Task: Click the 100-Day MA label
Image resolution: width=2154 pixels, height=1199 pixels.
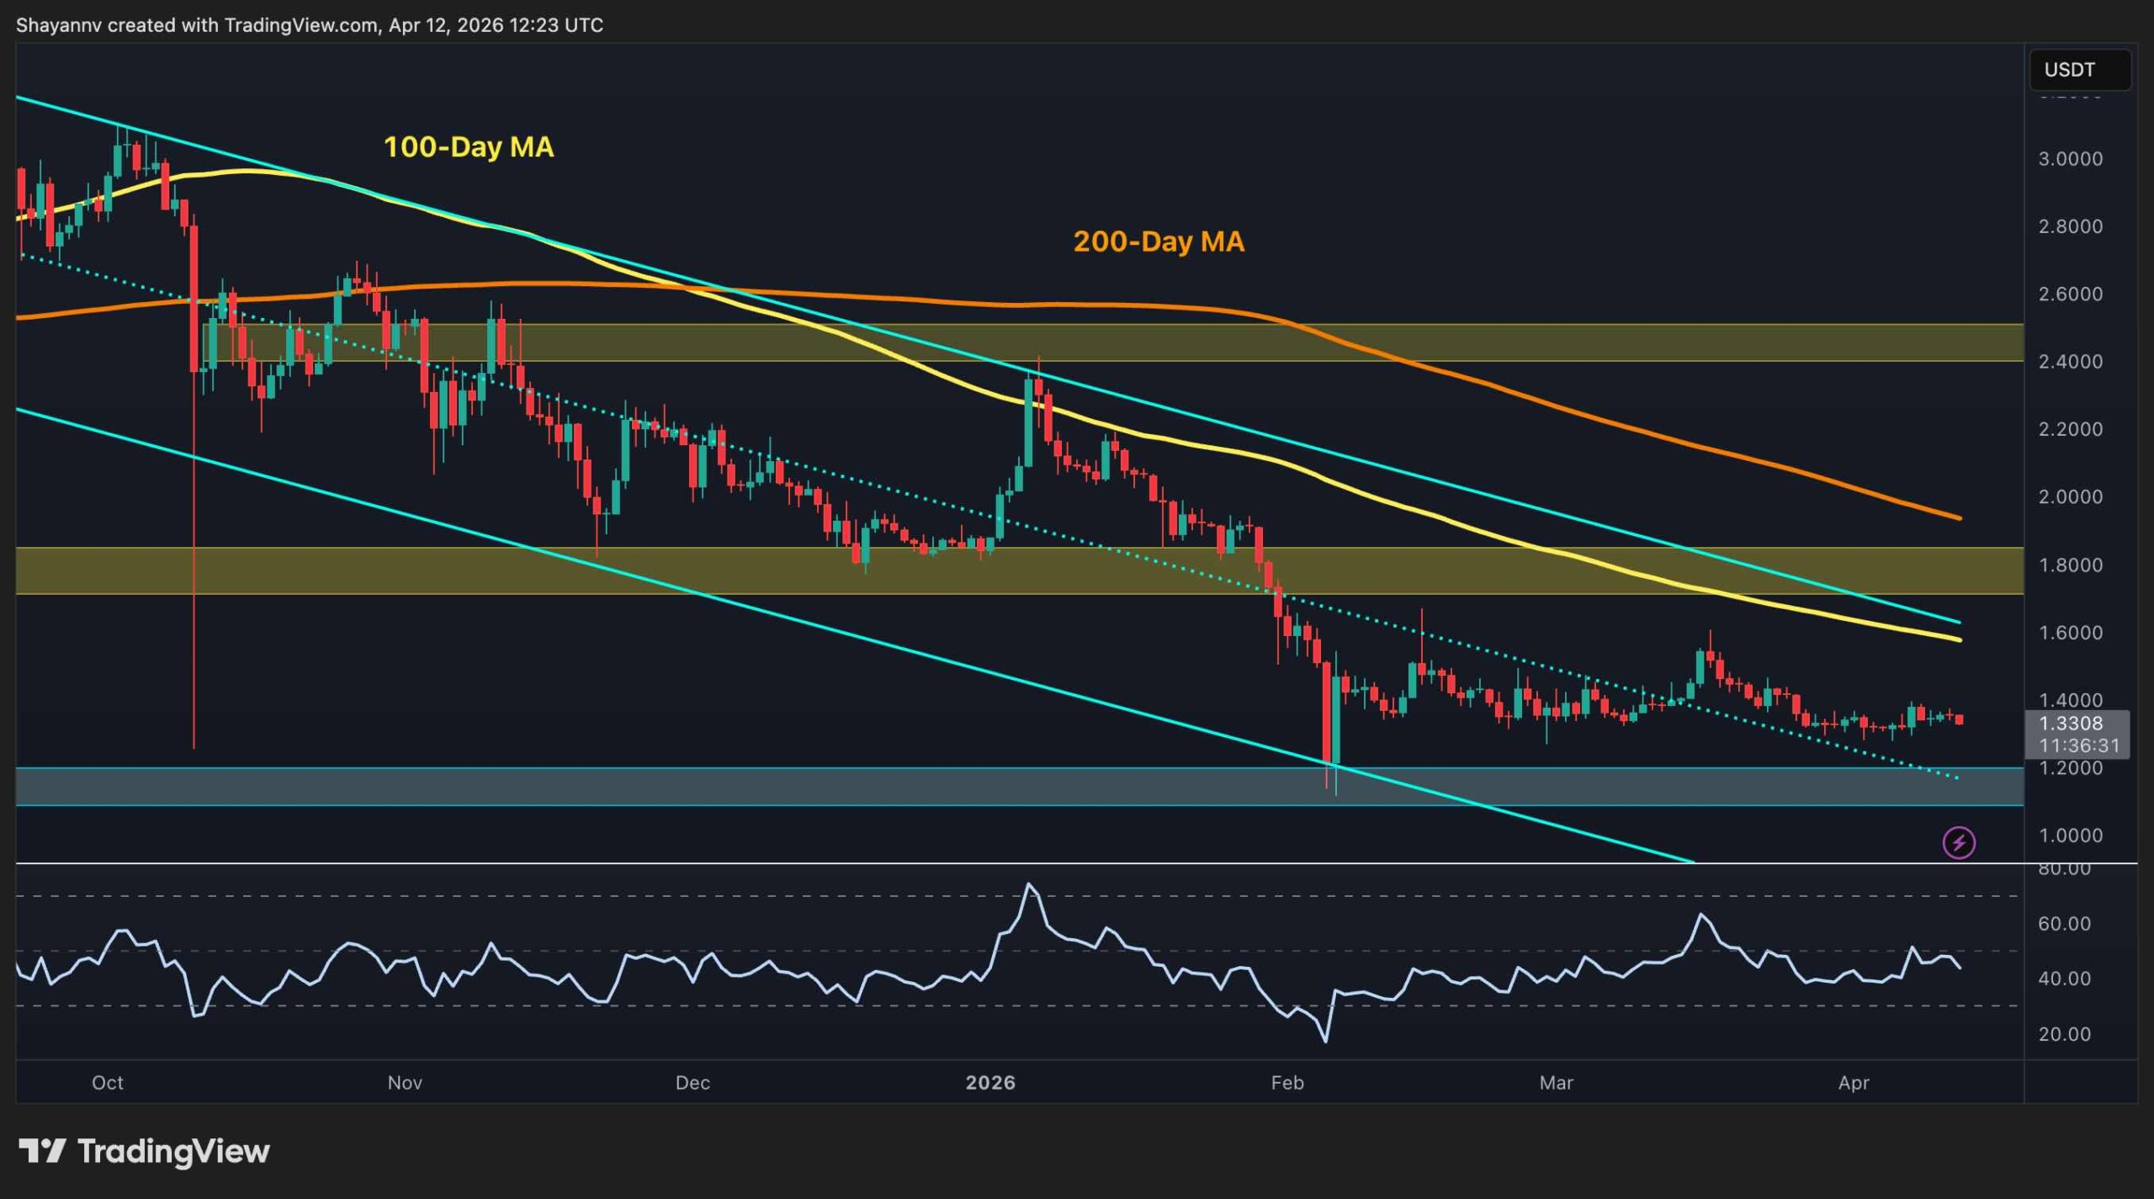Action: pos(468,147)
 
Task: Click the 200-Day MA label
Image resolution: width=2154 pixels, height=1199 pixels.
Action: pos(1158,242)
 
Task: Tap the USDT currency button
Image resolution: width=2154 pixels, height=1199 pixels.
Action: pos(2078,70)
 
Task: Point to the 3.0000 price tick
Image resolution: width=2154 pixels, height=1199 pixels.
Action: pos(2070,159)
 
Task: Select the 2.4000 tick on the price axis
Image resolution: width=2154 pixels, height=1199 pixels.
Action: pos(2070,362)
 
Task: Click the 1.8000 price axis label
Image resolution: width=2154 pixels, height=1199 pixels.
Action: pos(2070,565)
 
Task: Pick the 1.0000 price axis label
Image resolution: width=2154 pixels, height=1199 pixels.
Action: pos(2070,836)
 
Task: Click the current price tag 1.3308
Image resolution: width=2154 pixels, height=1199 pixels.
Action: pos(2070,724)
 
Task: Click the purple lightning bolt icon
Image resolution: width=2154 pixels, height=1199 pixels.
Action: pos(1959,842)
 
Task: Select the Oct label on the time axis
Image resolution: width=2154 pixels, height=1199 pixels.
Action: pos(108,1083)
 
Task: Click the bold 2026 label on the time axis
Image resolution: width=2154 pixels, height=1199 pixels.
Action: pos(990,1083)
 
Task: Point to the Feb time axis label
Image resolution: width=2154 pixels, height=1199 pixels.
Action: pos(1287,1083)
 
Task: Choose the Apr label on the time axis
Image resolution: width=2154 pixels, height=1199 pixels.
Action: pos(1854,1083)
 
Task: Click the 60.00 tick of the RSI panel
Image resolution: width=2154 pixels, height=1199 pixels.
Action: pos(2064,924)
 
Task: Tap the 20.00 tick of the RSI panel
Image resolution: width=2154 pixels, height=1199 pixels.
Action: pos(2064,1034)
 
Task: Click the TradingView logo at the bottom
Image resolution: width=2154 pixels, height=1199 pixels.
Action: pos(145,1151)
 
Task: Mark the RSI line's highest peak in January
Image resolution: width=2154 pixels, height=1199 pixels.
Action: pos(1029,884)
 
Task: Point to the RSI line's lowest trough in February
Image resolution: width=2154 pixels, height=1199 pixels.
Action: pos(1326,1042)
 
